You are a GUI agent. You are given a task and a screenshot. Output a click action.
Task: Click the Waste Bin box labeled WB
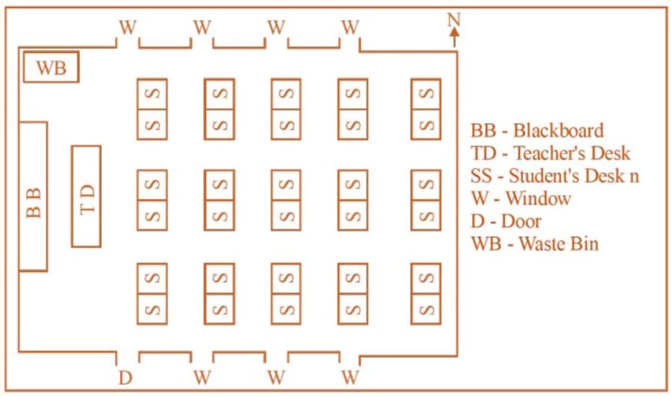[x=50, y=67]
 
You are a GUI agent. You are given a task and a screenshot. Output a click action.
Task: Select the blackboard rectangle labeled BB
[x=33, y=196]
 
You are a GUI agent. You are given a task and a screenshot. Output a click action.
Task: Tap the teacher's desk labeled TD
[x=86, y=196]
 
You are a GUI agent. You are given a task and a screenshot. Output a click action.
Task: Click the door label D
[x=125, y=378]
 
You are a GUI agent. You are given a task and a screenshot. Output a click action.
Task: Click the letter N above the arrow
[x=454, y=20]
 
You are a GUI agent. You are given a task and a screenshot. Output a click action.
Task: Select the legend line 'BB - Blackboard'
[x=537, y=131]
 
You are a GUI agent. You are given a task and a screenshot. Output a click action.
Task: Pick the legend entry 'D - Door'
[x=506, y=221]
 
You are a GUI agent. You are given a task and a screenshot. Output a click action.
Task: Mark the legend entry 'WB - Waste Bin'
[x=535, y=244]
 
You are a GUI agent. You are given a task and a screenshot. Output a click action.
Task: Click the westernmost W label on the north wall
[x=128, y=26]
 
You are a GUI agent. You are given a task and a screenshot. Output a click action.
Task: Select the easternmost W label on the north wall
[x=350, y=26]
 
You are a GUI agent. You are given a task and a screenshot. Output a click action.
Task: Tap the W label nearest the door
[x=202, y=378]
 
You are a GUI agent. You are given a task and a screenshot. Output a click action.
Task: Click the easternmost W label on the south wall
[x=350, y=378]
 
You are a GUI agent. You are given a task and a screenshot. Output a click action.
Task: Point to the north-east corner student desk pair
[x=426, y=109]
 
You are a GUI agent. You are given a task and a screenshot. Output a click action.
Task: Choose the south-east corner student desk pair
[x=426, y=294]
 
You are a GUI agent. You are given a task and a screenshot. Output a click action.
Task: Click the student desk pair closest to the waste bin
[x=152, y=109]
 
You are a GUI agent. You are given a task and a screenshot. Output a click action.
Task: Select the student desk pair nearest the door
[x=152, y=294]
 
